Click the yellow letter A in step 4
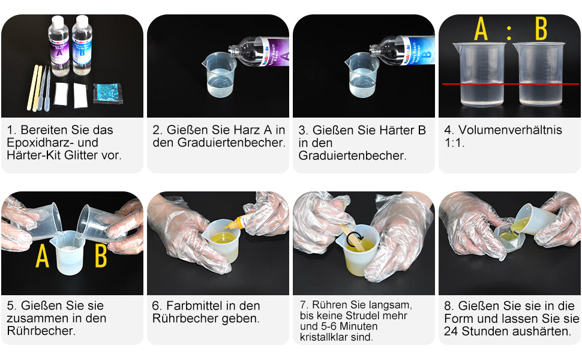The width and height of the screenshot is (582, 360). coord(481,30)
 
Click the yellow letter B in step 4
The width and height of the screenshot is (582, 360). coord(541,30)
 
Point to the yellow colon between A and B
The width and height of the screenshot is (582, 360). coord(509,32)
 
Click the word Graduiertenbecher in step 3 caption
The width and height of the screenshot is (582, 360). coord(352,156)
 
